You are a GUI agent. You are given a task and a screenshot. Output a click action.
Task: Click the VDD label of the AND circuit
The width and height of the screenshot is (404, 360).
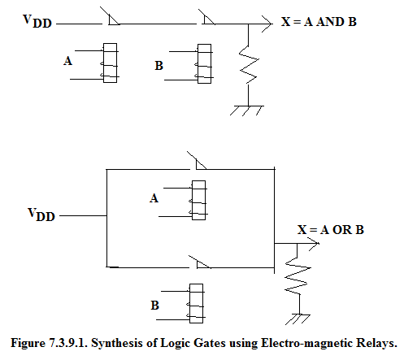click(x=37, y=21)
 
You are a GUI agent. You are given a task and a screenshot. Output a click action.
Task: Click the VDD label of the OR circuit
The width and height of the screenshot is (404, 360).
click(x=41, y=215)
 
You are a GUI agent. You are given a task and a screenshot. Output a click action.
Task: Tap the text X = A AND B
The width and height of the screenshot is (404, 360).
click(x=319, y=22)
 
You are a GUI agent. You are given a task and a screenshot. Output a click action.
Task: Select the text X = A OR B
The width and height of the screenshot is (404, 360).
click(x=331, y=230)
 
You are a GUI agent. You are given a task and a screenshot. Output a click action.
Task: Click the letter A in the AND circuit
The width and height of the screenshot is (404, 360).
click(x=68, y=61)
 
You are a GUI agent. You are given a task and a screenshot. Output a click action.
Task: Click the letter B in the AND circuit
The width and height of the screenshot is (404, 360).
click(x=159, y=66)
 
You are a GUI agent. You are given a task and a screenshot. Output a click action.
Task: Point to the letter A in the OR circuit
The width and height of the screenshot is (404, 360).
click(x=154, y=198)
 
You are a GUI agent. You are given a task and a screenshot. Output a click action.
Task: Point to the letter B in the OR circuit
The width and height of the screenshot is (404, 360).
click(x=154, y=306)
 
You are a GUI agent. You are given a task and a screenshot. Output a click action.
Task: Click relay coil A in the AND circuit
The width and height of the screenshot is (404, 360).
click(x=110, y=63)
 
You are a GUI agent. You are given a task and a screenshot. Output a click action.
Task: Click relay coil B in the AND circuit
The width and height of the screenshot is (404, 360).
click(x=204, y=63)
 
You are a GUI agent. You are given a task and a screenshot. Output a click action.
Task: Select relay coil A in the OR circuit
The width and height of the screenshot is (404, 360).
click(x=198, y=200)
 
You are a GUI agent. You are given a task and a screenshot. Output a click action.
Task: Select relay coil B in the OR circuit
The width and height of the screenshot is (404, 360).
click(x=196, y=303)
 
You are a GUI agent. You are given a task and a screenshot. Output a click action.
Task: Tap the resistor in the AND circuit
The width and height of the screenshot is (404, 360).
click(x=249, y=65)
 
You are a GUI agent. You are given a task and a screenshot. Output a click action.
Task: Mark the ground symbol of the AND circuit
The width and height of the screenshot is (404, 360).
click(x=247, y=111)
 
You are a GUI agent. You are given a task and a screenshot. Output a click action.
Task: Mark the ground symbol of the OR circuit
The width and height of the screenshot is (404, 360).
click(x=298, y=319)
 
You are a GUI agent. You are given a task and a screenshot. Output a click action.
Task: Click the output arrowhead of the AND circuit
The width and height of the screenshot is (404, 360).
click(x=267, y=24)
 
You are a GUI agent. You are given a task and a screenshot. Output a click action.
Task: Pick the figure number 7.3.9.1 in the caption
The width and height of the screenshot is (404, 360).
click(x=67, y=343)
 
